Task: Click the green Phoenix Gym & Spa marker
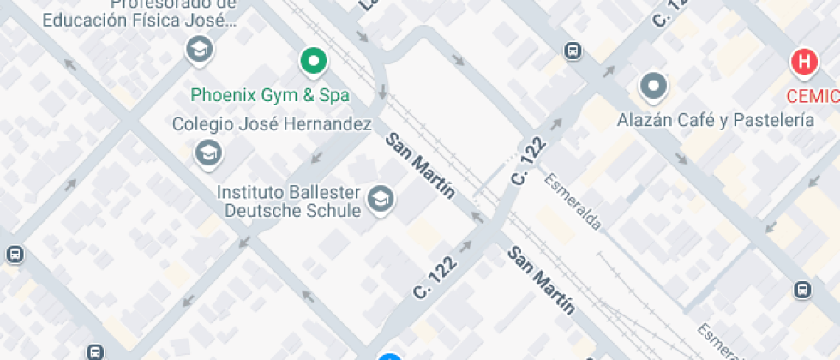point(315,61)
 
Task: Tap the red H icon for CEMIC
point(804,62)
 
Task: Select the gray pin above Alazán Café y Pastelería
point(654,86)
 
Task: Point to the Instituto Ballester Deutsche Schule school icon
point(379,200)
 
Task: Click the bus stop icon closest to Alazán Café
point(573,51)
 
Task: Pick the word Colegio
point(203,124)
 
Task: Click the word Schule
point(333,211)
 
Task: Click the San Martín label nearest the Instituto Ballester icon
point(419,165)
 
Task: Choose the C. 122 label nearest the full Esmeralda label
point(530,161)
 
